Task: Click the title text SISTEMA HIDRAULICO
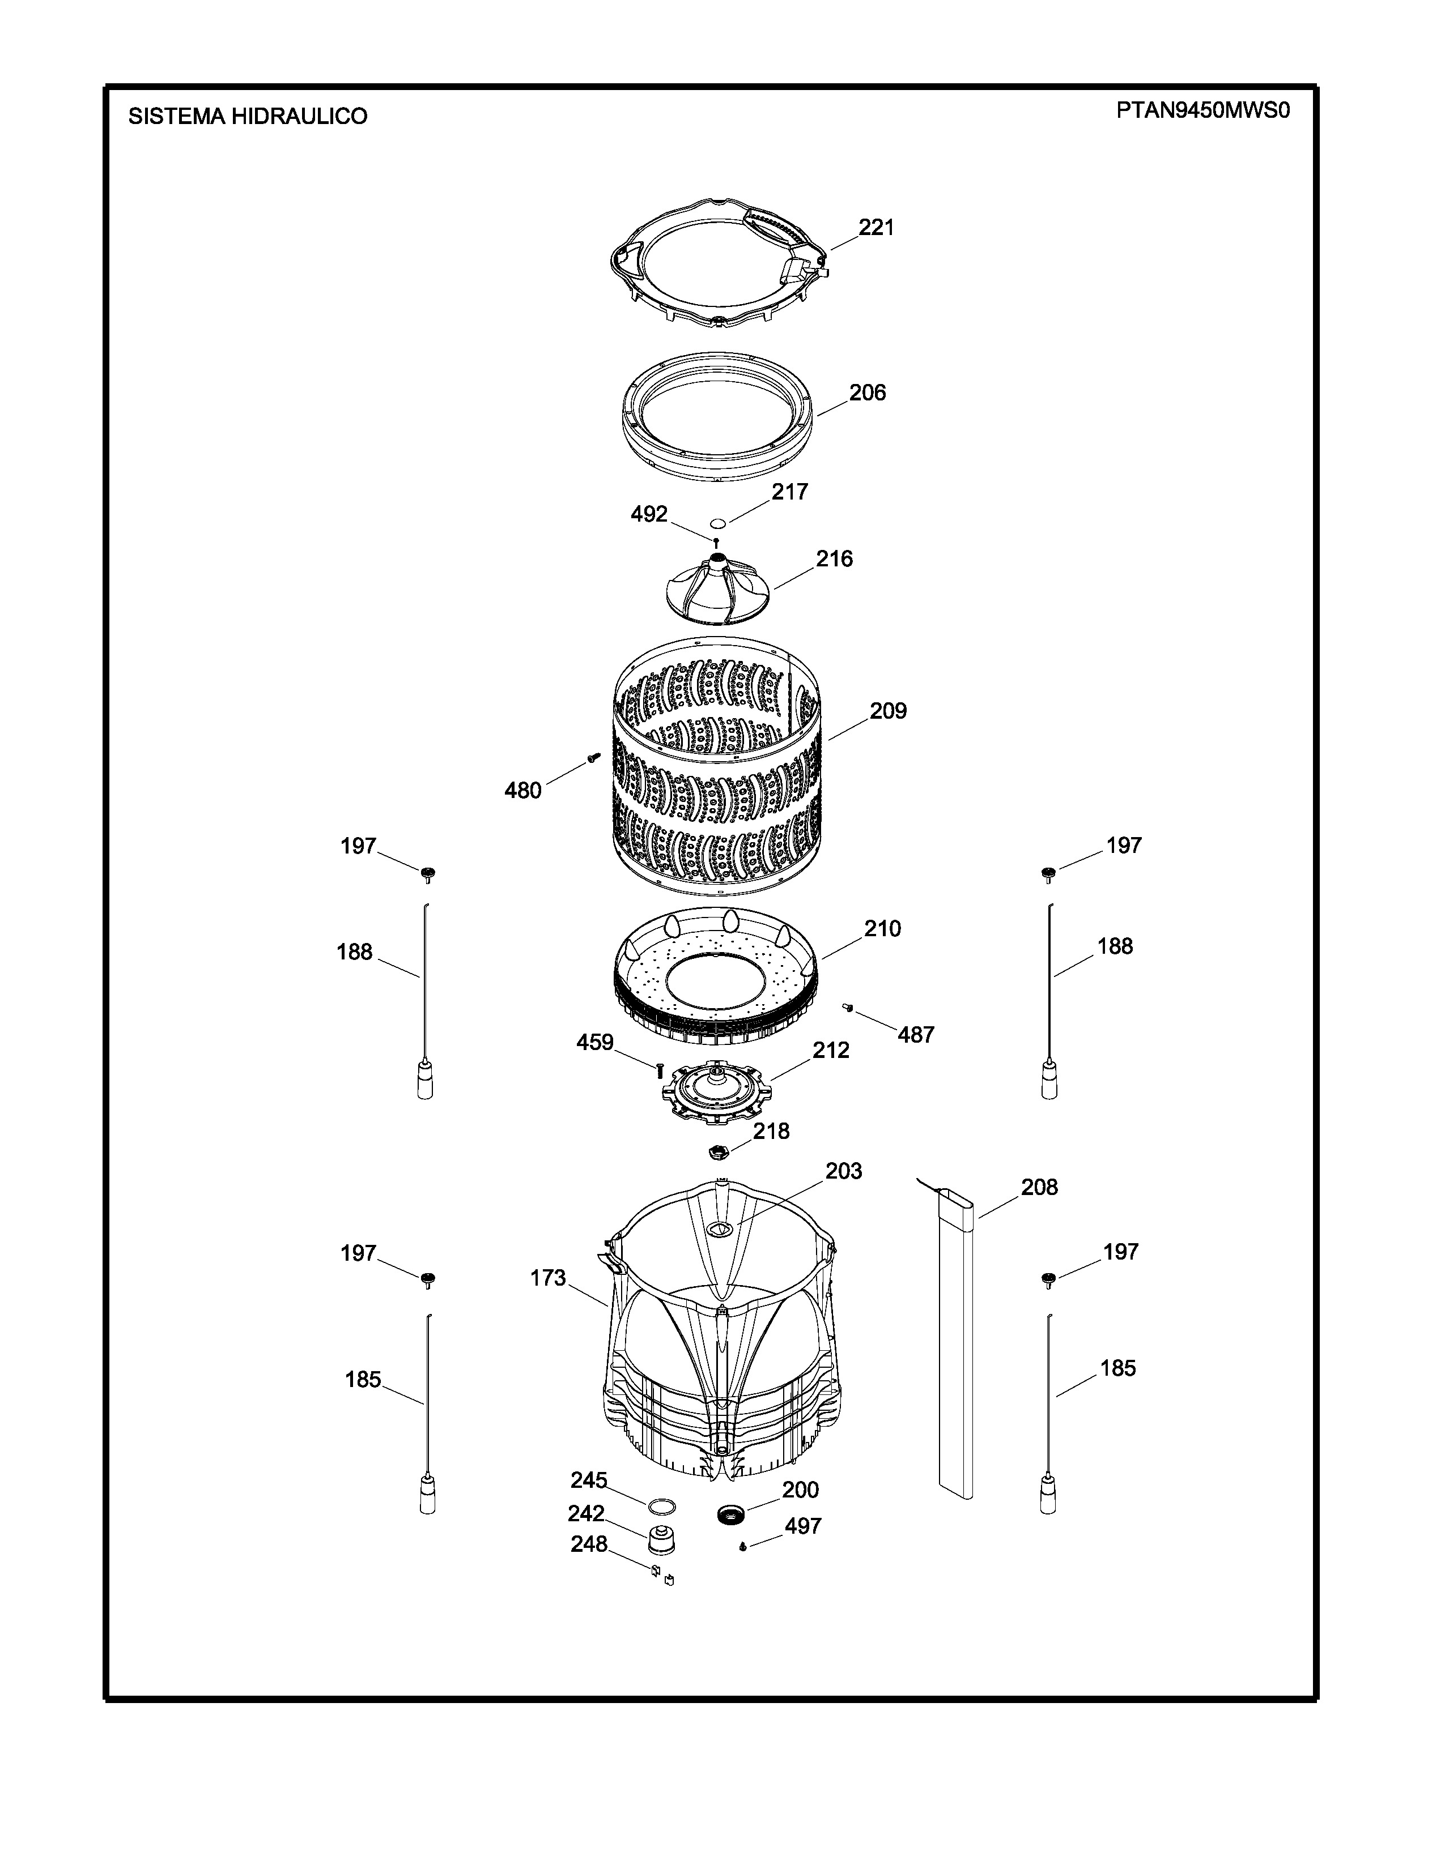(x=248, y=116)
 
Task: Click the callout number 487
(x=915, y=1035)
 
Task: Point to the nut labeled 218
(x=718, y=1152)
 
